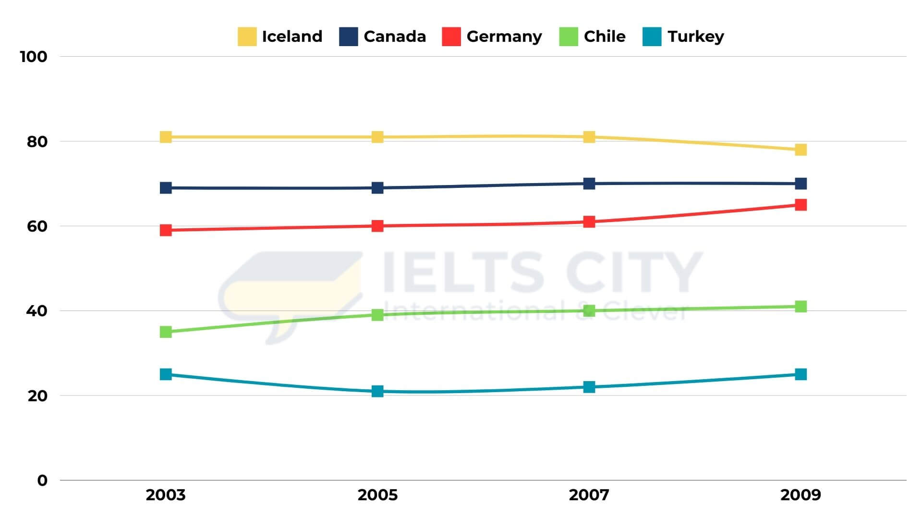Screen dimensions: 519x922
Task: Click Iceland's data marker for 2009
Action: click(801, 150)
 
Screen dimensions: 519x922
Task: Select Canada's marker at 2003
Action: click(166, 188)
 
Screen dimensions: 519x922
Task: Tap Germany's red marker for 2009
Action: click(801, 205)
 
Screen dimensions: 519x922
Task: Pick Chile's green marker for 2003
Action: click(166, 332)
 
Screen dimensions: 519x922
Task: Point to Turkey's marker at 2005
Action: click(377, 391)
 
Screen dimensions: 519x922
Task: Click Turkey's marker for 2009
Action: click(801, 374)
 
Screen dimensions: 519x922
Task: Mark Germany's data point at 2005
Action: click(377, 226)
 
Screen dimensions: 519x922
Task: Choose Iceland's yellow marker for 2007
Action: click(589, 137)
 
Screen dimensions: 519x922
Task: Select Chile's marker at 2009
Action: click(801, 307)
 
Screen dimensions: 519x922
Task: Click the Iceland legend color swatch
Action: click(247, 37)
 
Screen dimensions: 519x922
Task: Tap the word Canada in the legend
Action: click(395, 37)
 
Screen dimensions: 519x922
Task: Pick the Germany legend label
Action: click(504, 37)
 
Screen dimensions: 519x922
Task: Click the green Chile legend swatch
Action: click(569, 37)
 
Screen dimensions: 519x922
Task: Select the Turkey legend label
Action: click(696, 37)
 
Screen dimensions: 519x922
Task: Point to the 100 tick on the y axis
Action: click(34, 57)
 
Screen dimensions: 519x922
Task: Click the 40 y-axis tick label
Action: click(37, 311)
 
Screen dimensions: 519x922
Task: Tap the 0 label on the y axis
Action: click(42, 481)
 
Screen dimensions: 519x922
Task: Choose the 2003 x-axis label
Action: click(166, 495)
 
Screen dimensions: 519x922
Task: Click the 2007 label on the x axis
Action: click(589, 495)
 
